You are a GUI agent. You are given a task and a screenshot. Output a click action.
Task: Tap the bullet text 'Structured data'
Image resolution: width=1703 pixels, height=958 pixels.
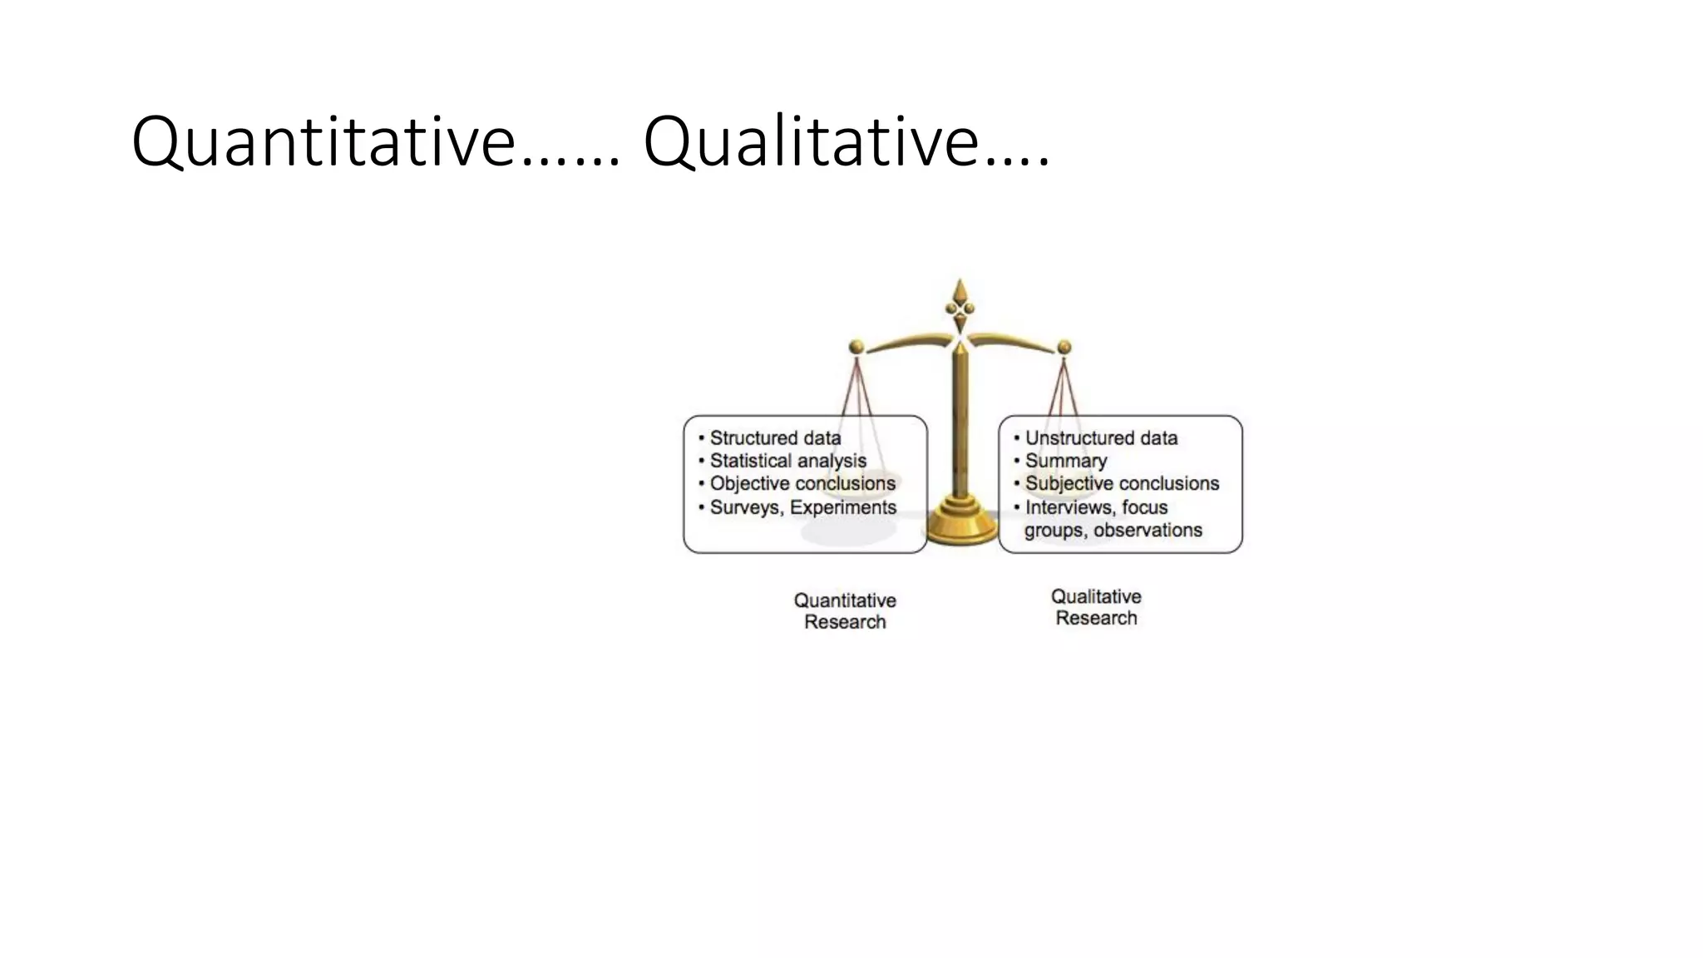tap(775, 438)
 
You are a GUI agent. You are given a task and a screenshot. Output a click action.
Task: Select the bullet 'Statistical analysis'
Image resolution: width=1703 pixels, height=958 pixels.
tap(787, 461)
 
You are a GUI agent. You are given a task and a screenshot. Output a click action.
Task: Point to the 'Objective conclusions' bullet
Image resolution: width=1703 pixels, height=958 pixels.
tap(802, 483)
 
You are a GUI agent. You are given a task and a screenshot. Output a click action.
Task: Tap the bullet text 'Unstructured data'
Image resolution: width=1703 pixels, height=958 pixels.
tap(1101, 438)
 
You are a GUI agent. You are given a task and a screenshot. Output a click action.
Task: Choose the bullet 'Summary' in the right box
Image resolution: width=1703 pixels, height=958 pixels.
tap(1066, 461)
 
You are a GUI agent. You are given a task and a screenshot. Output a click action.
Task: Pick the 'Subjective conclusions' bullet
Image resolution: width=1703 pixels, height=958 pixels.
tap(1122, 483)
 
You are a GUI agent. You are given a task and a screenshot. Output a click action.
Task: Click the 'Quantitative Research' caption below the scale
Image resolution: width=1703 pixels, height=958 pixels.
tap(845, 611)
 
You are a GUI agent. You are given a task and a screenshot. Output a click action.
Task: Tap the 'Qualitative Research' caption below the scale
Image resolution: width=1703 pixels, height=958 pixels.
tap(1096, 607)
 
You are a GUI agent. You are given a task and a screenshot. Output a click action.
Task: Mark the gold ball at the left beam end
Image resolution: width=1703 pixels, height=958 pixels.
tap(856, 347)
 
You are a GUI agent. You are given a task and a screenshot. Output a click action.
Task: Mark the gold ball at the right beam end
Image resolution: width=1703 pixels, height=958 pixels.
tap(1064, 347)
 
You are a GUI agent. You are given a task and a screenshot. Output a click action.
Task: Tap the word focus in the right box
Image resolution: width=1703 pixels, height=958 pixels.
tap(1145, 507)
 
